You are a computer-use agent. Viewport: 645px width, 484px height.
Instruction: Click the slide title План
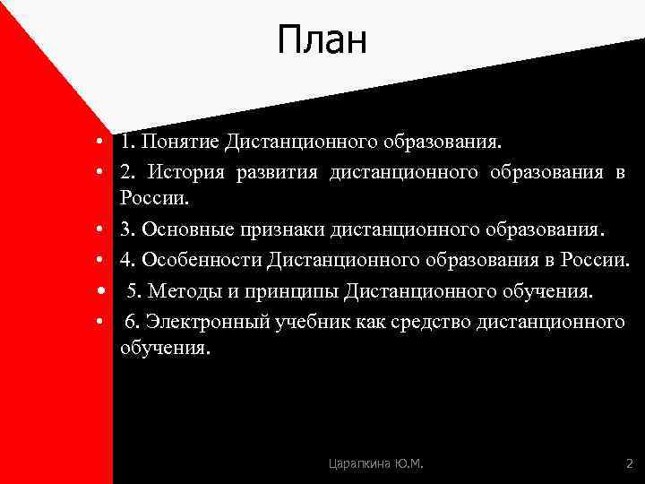tap(322, 41)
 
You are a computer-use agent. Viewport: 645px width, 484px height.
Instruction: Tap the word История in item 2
tap(187, 170)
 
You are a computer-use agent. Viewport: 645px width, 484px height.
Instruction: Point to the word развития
tap(277, 170)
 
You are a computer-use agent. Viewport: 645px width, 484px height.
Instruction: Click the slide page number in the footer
tap(628, 463)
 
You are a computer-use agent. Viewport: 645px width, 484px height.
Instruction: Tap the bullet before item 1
tap(105, 143)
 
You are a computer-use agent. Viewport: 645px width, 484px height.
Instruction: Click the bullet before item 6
tap(105, 322)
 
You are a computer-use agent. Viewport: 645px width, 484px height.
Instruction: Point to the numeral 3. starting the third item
tap(129, 229)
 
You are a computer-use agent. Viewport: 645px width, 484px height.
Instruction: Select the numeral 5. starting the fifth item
tap(134, 291)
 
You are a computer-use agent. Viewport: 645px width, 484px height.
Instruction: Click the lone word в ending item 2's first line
tap(620, 171)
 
